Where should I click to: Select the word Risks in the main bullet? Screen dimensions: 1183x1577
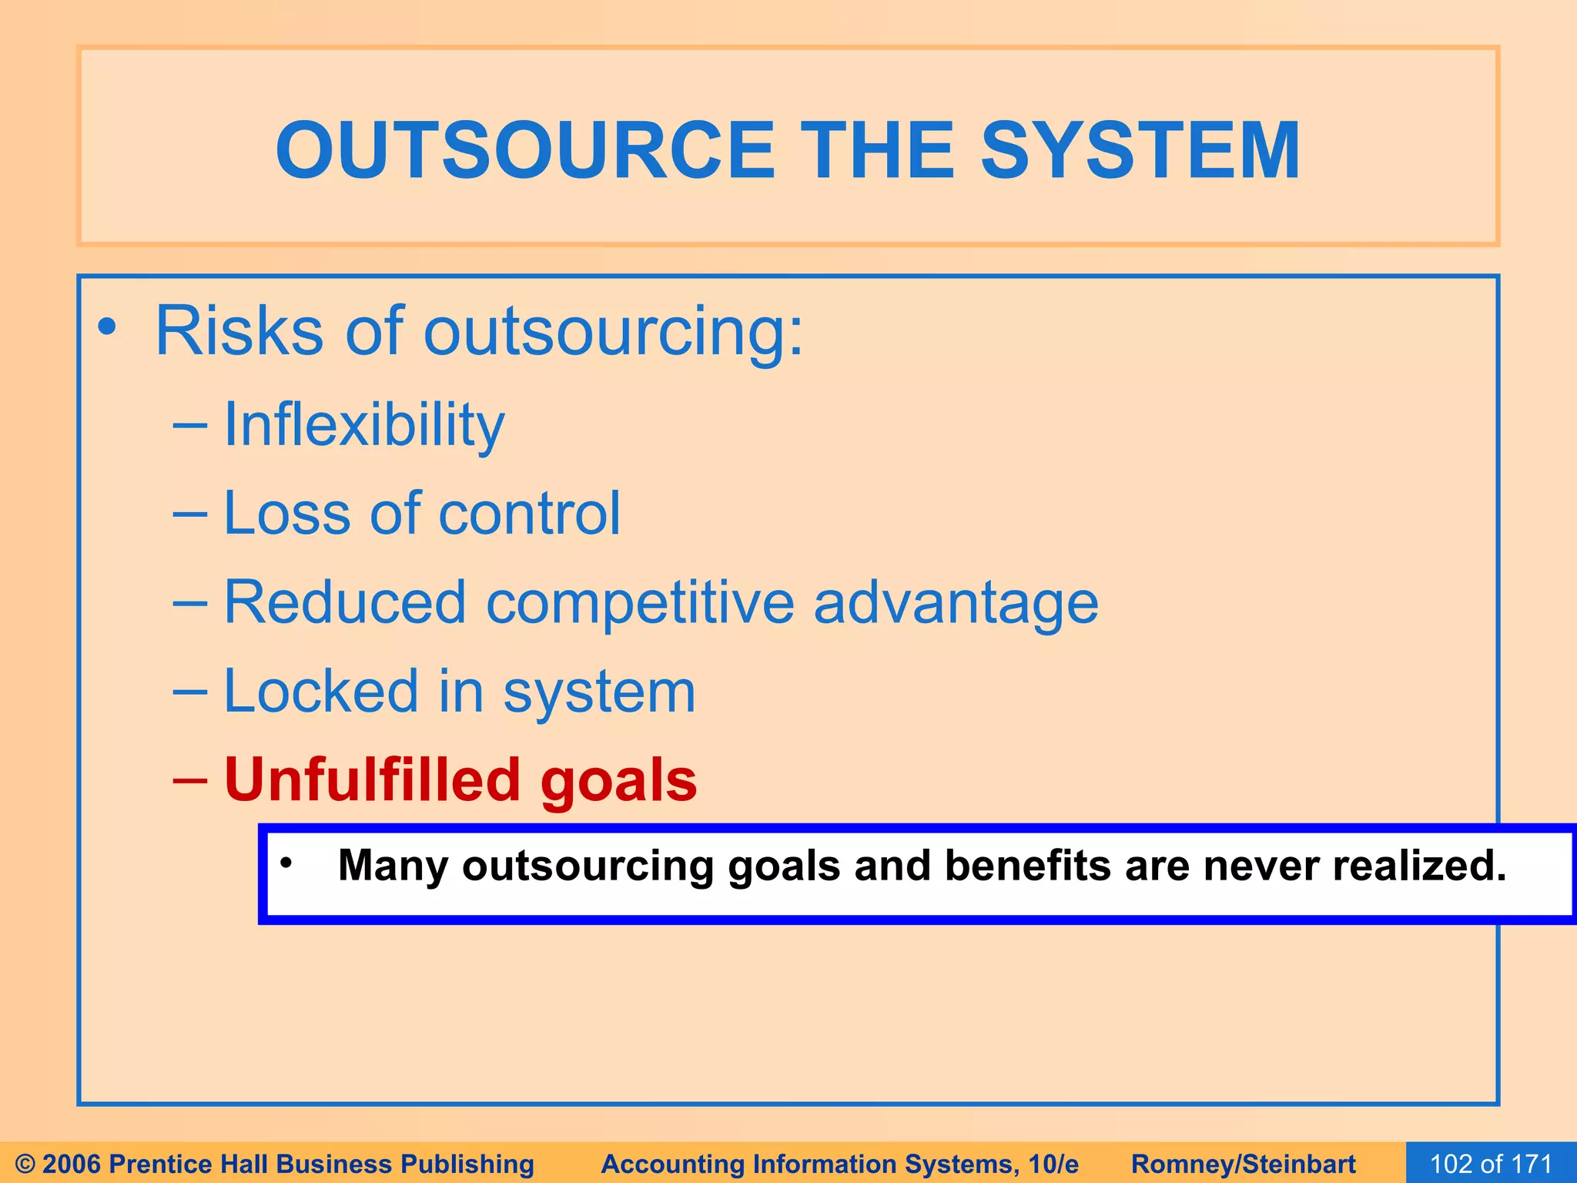point(239,331)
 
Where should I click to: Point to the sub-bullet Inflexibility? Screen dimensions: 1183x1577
point(363,425)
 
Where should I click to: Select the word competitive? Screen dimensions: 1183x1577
point(640,603)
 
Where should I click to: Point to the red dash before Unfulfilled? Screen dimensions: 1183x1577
point(190,780)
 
